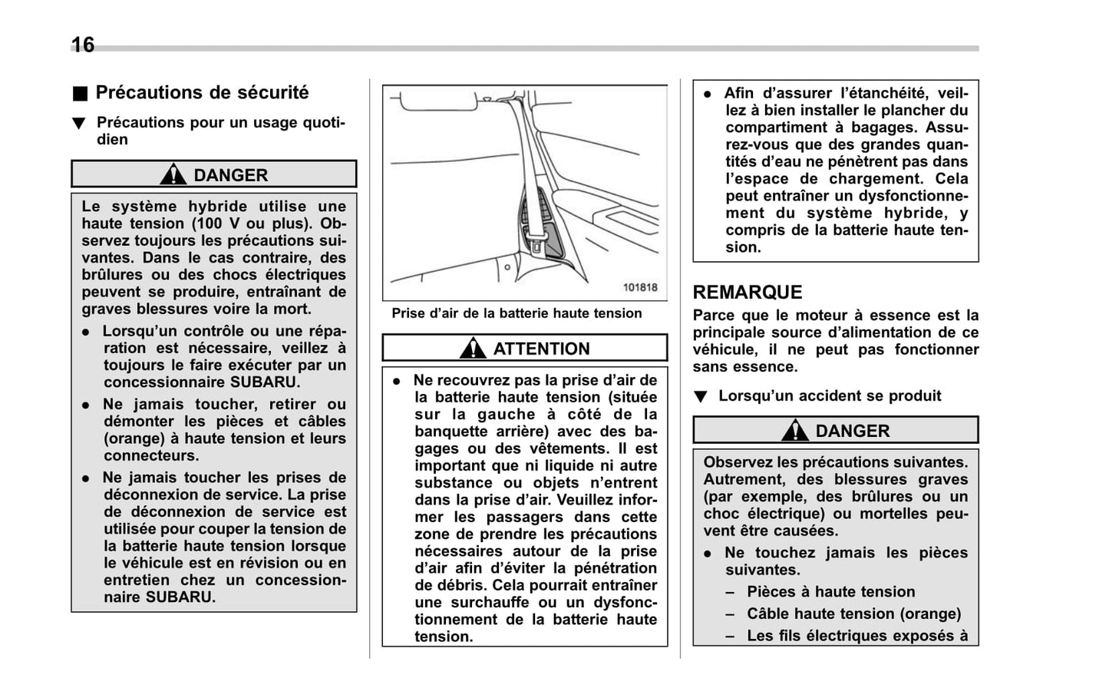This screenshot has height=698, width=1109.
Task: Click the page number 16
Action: pos(83,45)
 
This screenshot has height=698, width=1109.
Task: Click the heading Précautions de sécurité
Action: pos(202,93)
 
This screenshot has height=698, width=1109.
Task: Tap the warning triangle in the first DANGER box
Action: pos(173,175)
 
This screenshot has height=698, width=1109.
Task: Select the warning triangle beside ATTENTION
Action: pos(473,349)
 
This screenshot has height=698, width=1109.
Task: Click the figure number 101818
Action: pos(639,287)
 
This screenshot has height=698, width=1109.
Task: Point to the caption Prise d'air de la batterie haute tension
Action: pos(517,313)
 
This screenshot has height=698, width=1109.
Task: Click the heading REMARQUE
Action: pos(747,293)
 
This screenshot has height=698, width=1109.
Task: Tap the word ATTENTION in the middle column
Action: pos(541,349)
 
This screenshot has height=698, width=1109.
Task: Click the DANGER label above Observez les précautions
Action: pos(852,431)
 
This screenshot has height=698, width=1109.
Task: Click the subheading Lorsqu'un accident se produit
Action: pos(829,396)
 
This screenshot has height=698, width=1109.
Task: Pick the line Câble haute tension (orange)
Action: pos(853,614)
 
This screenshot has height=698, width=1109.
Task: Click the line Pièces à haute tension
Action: pos(830,592)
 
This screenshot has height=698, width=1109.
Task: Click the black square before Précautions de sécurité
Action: pos(80,94)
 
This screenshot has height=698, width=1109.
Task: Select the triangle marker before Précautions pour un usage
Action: pos(78,124)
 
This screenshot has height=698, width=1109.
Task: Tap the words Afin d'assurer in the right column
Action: pos(774,94)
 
